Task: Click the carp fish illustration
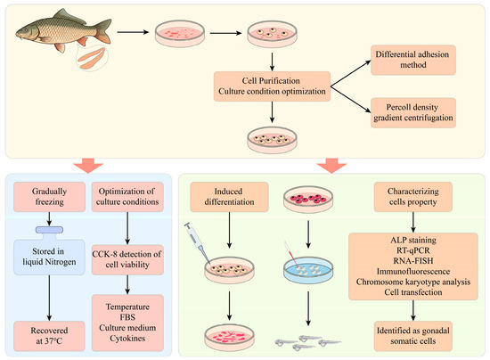pyautogui.click(x=62, y=30)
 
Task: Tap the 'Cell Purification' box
pyautogui.click(x=272, y=86)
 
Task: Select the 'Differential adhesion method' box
pyautogui.click(x=413, y=60)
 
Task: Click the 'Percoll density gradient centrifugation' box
pyautogui.click(x=413, y=112)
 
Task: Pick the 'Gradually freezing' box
pyautogui.click(x=49, y=197)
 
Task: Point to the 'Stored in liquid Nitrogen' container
pyautogui.click(x=49, y=251)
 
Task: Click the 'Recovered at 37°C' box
pyautogui.click(x=49, y=336)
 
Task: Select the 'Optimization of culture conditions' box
pyautogui.click(x=127, y=197)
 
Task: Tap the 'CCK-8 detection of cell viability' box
pyautogui.click(x=127, y=259)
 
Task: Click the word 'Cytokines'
pyautogui.click(x=127, y=339)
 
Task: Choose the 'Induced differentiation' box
pyautogui.click(x=229, y=197)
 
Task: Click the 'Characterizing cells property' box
pyautogui.click(x=413, y=197)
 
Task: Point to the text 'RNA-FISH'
pyautogui.click(x=413, y=260)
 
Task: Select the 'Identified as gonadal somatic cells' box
pyautogui.click(x=413, y=336)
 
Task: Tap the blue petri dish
pyautogui.click(x=308, y=270)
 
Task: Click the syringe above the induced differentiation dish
pyautogui.click(x=197, y=241)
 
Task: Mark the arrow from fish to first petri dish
pyautogui.click(x=133, y=32)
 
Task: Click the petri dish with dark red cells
pyautogui.click(x=308, y=200)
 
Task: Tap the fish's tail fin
pyautogui.click(x=103, y=30)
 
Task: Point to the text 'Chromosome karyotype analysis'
pyautogui.click(x=413, y=282)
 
